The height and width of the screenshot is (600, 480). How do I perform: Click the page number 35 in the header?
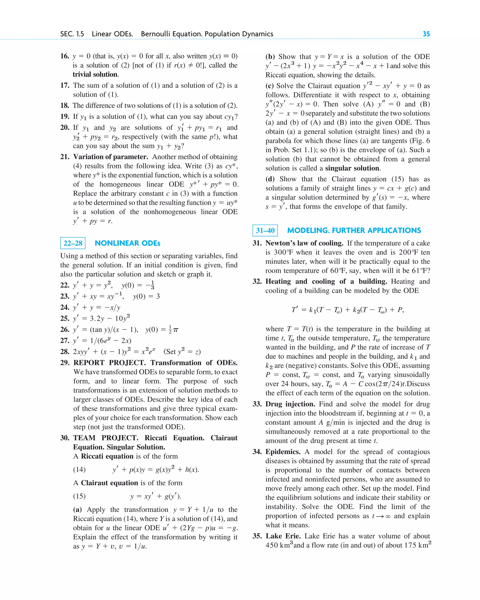426,34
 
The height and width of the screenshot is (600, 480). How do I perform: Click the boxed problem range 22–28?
73,243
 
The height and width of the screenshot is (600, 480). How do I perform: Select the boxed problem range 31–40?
265,231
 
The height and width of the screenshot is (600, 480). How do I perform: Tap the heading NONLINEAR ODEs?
127,243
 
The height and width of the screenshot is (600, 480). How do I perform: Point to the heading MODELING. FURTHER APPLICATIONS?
354,231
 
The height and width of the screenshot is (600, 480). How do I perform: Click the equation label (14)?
79,470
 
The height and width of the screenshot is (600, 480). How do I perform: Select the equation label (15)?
79,496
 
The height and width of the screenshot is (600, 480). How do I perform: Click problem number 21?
65,157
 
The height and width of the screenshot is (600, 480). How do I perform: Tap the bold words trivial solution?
95,74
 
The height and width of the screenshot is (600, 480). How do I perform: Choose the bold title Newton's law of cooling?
304,243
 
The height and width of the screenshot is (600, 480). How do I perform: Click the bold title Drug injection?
290,404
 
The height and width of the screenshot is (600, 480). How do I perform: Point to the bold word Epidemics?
283,451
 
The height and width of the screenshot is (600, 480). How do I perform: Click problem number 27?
65,340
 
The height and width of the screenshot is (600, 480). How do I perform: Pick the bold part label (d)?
270,179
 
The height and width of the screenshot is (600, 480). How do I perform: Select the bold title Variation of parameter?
111,157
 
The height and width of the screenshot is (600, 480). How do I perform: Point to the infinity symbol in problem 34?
388,516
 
